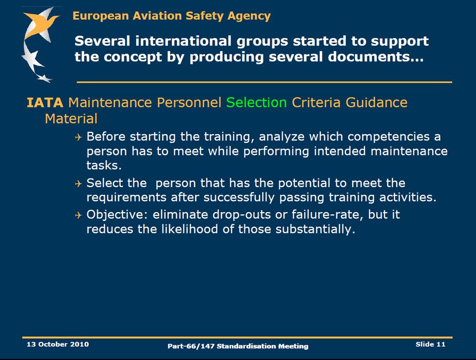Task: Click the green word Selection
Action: tap(257, 102)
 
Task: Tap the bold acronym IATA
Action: tap(45, 103)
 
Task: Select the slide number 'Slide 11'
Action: tap(430, 344)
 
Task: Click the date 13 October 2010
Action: tap(58, 344)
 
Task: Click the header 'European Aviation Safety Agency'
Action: tap(172, 16)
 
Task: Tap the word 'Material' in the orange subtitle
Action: tap(71, 119)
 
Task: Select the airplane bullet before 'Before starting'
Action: tap(78, 137)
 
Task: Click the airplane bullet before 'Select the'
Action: tap(78, 184)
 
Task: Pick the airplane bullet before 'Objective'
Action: tap(78, 215)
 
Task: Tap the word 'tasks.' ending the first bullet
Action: tap(104, 165)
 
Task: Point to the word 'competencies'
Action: tap(389, 137)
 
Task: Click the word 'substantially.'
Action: tap(315, 229)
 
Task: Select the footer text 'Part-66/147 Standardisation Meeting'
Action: tap(238, 346)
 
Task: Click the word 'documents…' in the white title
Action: tap(376, 57)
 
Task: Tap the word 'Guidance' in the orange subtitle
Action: tap(377, 102)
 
